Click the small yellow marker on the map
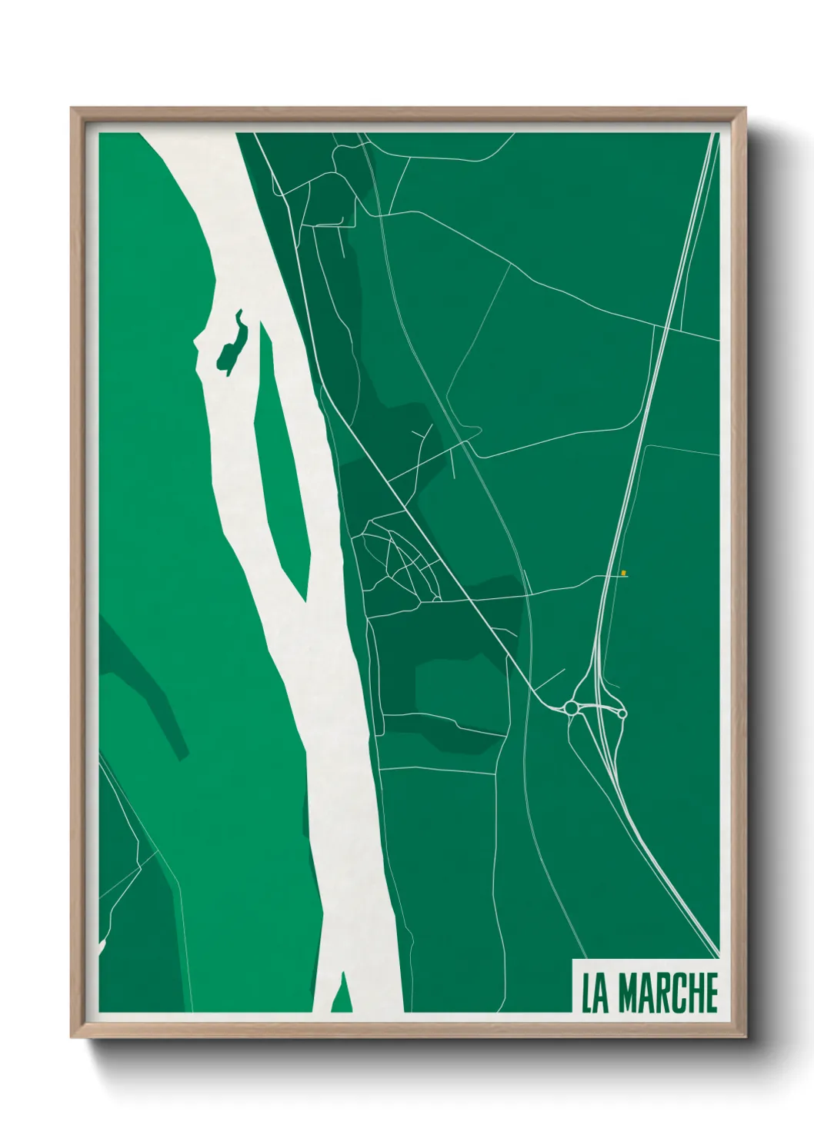pyautogui.click(x=624, y=572)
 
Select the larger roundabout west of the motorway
pyautogui.click(x=571, y=707)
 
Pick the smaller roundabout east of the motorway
pyautogui.click(x=622, y=714)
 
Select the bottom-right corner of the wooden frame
pyautogui.click(x=746, y=1037)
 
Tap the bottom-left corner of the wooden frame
pyautogui.click(x=73, y=1037)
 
